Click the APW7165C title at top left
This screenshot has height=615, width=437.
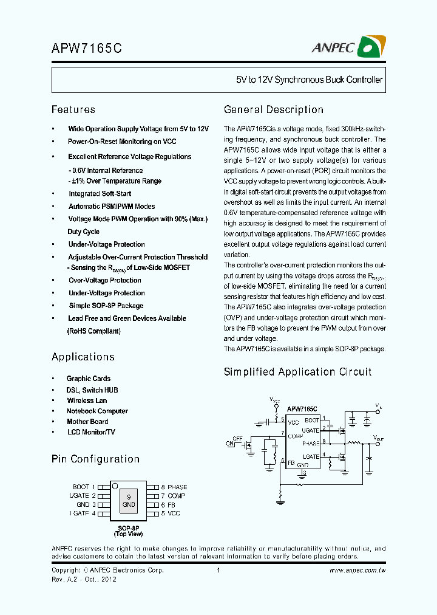coord(87,49)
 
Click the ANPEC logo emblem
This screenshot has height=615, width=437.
coord(372,47)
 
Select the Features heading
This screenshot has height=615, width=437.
coord(73,109)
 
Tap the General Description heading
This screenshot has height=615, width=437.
coord(274,109)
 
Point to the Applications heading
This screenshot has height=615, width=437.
coord(83,357)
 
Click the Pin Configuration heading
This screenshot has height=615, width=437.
coord(95,459)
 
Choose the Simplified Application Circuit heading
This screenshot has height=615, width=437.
coord(297,371)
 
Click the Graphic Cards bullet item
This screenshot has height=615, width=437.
coord(89,379)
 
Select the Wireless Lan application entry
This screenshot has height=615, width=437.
coord(87,400)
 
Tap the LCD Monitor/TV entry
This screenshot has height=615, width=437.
coord(90,432)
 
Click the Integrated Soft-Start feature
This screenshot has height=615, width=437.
coord(100,194)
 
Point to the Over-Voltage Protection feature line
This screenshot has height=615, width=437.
coord(104,280)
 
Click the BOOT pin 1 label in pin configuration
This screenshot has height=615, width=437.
coord(84,487)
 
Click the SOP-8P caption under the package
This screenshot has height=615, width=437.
coord(128,527)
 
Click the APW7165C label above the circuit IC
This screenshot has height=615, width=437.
coord(302,409)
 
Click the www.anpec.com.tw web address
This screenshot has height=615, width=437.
coord(357,570)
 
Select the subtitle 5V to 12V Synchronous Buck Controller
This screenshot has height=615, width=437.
coord(310,80)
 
